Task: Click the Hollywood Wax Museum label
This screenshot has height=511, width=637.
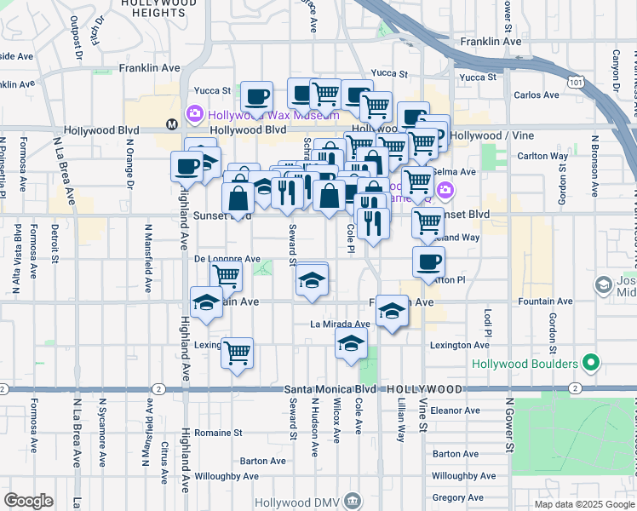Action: click(x=272, y=115)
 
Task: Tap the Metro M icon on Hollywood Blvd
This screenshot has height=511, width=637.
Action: click(x=171, y=124)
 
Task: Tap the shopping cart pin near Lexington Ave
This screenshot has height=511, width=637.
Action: click(x=237, y=352)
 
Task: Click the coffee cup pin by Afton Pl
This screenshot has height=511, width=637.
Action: click(x=428, y=261)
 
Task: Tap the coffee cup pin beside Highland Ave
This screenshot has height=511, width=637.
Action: click(x=187, y=167)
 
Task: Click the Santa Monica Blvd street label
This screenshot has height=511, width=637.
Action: click(x=327, y=389)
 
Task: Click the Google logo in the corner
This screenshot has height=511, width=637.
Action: click(x=28, y=500)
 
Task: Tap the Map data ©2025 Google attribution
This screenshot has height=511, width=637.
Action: click(x=584, y=504)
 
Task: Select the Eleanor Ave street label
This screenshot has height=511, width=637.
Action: click(x=456, y=410)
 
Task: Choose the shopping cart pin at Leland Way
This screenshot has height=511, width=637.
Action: click(x=428, y=222)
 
